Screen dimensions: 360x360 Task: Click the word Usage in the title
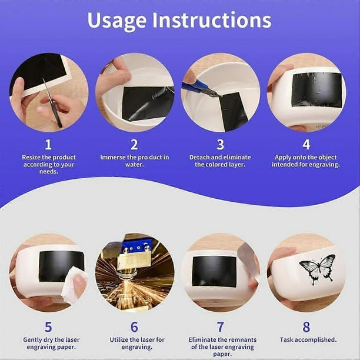pyautogui.click(x=116, y=21)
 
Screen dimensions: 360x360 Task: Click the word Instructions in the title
pyautogui.click(x=212, y=20)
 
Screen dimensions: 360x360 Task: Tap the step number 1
pyautogui.click(x=48, y=145)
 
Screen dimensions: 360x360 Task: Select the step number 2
pyautogui.click(x=134, y=145)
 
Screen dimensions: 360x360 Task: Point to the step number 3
pyautogui.click(x=221, y=145)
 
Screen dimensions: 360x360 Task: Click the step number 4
pyautogui.click(x=306, y=145)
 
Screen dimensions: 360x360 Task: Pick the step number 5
pyautogui.click(x=48, y=326)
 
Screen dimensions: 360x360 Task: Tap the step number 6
pyautogui.click(x=134, y=326)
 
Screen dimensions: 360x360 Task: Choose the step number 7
pyautogui.click(x=221, y=326)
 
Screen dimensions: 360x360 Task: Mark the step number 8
pyautogui.click(x=306, y=326)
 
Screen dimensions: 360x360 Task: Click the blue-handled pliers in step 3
pyautogui.click(x=200, y=89)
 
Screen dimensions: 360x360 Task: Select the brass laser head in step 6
pyautogui.click(x=134, y=259)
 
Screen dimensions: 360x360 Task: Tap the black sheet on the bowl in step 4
pyautogui.click(x=317, y=90)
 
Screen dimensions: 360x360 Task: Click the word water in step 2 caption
pyautogui.click(x=134, y=165)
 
